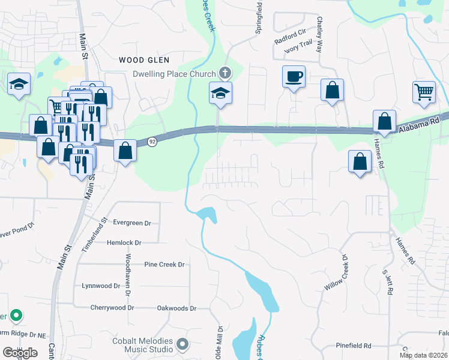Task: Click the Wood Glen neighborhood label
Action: [144, 60]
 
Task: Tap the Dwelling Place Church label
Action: [174, 74]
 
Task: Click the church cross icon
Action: [225, 73]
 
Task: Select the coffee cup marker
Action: [294, 77]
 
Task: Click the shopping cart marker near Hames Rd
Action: [424, 92]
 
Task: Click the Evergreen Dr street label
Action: [132, 223]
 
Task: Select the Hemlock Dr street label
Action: [124, 243]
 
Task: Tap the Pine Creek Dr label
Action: [164, 265]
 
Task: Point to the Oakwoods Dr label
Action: [176, 308]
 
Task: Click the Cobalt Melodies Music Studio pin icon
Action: [182, 345]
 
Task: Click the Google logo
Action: [20, 353]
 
